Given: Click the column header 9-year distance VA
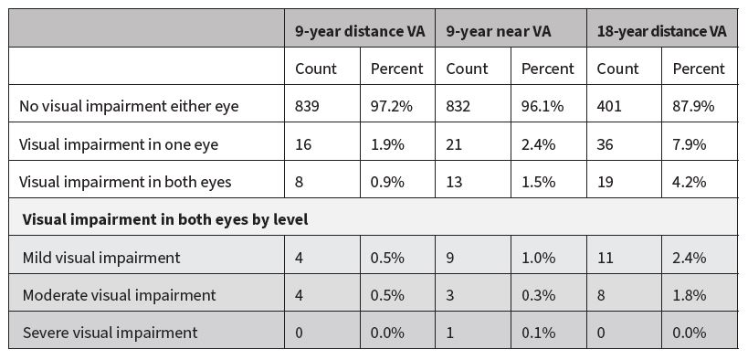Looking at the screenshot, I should [x=359, y=31].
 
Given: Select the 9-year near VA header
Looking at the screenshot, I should [x=499, y=31].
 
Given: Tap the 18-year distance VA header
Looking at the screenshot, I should [x=662, y=31].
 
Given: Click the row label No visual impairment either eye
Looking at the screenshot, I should [x=129, y=106].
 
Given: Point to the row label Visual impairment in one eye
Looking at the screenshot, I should [x=119, y=143].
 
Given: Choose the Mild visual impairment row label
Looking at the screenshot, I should [x=101, y=258].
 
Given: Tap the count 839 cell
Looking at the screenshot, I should [x=308, y=106].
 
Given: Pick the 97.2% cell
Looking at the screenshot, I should [x=392, y=106].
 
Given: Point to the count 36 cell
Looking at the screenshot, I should [x=606, y=143].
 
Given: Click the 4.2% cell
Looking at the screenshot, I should [x=690, y=181].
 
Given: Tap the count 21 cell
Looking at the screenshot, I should [x=455, y=143].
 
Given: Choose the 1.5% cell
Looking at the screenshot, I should [x=538, y=181].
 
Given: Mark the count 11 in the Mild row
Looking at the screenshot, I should [x=605, y=258].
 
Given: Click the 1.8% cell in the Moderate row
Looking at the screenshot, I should [x=690, y=295].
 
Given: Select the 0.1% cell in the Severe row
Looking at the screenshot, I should [x=538, y=333].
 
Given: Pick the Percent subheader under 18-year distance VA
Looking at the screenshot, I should [x=699, y=69].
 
